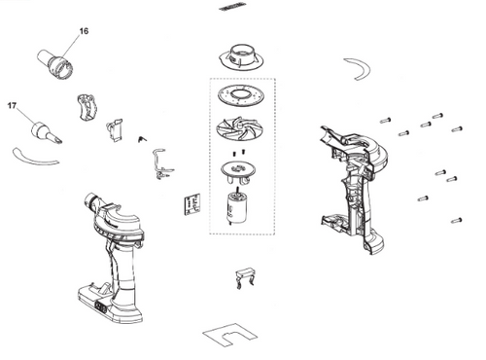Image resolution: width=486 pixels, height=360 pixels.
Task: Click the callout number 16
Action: pos(84,32)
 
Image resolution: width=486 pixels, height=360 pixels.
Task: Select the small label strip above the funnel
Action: pos(233,7)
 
